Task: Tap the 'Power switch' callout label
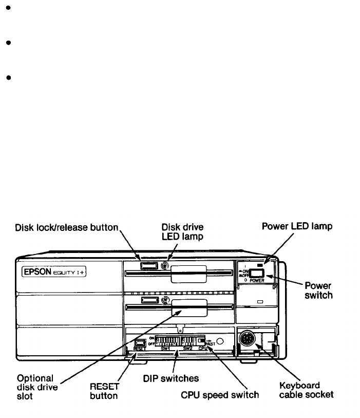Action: [x=318, y=291]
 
